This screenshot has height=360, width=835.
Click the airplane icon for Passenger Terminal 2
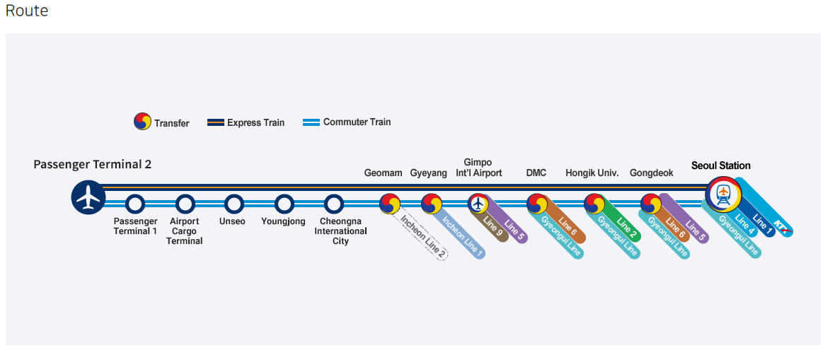pos(88,197)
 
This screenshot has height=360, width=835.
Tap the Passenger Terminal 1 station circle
pos(135,204)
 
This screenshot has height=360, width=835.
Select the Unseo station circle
pos(234,204)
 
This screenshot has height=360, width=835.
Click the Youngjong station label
pos(283,221)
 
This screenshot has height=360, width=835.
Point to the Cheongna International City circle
pos(334,204)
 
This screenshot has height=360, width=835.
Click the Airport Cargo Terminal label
pos(185,231)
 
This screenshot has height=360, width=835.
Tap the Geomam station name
pos(383,173)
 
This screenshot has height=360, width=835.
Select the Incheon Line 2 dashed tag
pos(423,236)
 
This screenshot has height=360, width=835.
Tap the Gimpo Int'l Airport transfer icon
pos(478,204)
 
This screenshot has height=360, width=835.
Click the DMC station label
pos(536,173)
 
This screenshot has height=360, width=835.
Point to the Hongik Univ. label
pos(592,173)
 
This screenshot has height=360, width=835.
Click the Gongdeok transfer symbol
pos(651,204)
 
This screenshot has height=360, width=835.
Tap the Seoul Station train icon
pos(723,194)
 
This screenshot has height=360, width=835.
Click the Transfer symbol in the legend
pos(143,122)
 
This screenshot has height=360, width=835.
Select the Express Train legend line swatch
pos(215,122)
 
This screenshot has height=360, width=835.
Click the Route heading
pos(27,11)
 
